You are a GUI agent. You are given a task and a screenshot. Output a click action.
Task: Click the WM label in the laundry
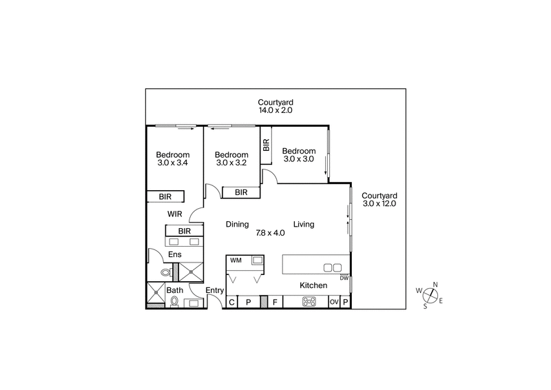click(236, 260)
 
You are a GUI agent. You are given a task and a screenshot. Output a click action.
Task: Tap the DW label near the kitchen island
click(344, 278)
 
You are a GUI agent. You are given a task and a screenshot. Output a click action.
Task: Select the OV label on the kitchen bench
click(334, 302)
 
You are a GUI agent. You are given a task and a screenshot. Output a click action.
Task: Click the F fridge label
click(275, 302)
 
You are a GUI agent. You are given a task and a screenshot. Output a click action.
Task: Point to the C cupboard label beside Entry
click(232, 302)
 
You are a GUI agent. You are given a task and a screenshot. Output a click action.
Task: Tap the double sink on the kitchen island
click(333, 267)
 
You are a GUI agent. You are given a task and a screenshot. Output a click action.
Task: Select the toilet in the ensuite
click(165, 273)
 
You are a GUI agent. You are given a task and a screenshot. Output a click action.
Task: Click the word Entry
click(215, 291)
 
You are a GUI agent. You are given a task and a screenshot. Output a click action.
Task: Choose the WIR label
click(174, 214)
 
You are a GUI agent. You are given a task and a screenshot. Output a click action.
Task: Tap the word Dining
click(238, 224)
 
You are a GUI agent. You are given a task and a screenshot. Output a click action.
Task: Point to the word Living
click(304, 224)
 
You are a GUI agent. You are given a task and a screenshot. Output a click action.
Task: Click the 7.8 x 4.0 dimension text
click(270, 233)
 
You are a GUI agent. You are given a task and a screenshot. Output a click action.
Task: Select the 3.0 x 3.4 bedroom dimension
click(172, 163)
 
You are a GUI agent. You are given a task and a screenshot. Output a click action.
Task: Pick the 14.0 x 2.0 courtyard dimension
click(275, 110)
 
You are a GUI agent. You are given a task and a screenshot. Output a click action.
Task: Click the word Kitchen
click(313, 285)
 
